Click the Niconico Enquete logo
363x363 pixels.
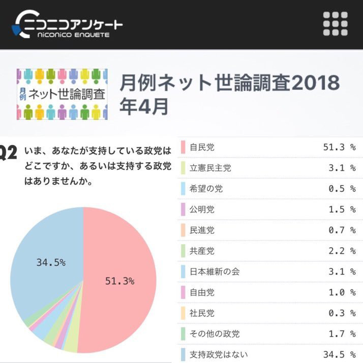(x=69, y=24)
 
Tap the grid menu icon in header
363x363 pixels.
(x=336, y=23)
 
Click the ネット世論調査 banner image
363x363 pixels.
(x=62, y=94)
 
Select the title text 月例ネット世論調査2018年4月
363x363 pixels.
(x=229, y=94)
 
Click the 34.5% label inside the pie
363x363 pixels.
(x=51, y=262)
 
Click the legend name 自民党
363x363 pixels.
(x=202, y=147)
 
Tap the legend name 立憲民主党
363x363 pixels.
(x=210, y=168)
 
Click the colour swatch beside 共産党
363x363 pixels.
(x=183, y=251)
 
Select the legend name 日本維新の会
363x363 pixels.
(x=214, y=271)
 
